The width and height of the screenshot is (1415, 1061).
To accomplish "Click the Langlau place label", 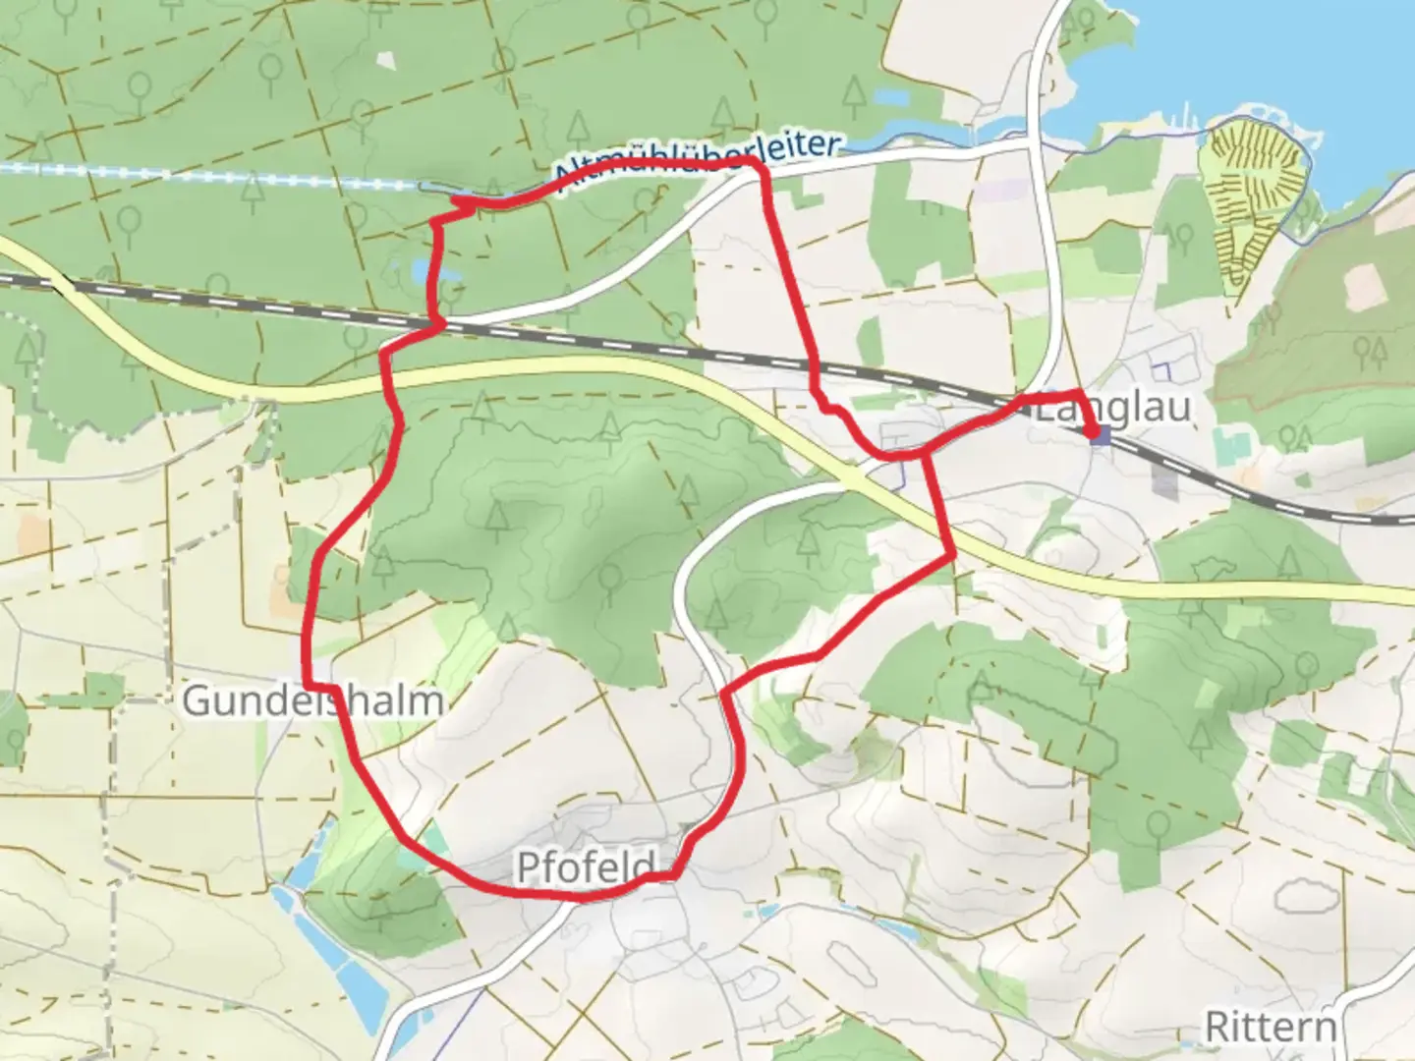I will pos(1114,408).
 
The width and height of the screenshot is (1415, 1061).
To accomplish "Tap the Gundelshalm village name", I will pos(312,701).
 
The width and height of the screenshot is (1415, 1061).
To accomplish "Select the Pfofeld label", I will pos(586,866).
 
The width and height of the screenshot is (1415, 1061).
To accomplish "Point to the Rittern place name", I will pos(1271,1028).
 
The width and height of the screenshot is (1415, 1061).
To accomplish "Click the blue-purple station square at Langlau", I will pos(1103,434).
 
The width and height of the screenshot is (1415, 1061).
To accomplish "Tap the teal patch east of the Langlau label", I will pos(1228,447).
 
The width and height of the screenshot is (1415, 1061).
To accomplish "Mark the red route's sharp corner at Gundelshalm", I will pos(309,684).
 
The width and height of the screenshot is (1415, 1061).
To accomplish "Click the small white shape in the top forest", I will pos(386,58).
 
